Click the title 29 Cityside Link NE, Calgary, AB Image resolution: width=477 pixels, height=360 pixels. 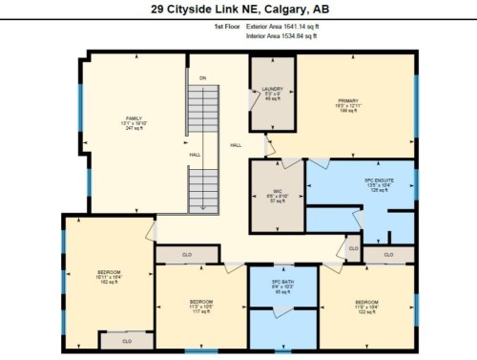238,9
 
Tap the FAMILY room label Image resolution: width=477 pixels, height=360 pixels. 134,118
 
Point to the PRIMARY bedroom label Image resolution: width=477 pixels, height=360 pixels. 345,100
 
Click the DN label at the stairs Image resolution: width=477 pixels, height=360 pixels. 202,76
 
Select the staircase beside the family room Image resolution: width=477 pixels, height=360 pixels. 202,143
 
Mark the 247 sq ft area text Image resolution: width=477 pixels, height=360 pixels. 134,128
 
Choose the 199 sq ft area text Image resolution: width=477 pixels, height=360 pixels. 345,110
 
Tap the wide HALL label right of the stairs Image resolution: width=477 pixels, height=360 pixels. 236,145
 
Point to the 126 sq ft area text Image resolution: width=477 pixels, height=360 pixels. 380,191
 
